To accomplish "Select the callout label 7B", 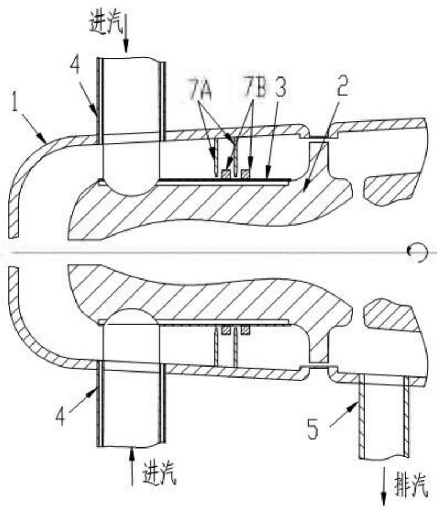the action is tap(256, 89).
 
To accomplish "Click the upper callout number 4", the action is tap(74, 68).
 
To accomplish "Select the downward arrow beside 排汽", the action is tap(384, 494).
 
